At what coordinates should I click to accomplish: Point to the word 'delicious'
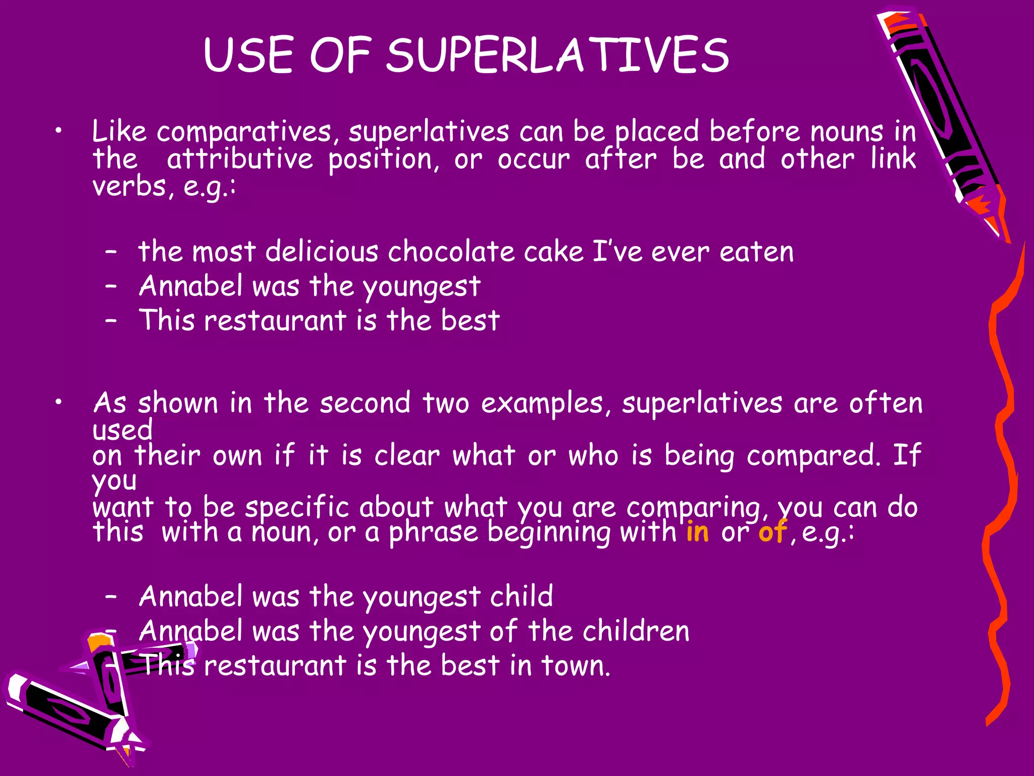pyautogui.click(x=322, y=251)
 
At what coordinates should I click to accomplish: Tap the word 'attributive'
pyautogui.click(x=240, y=159)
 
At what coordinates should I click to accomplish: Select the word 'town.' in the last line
pyautogui.click(x=576, y=665)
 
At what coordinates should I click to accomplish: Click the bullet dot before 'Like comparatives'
pyautogui.click(x=59, y=132)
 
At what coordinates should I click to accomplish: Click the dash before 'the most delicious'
pyautogui.click(x=112, y=251)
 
